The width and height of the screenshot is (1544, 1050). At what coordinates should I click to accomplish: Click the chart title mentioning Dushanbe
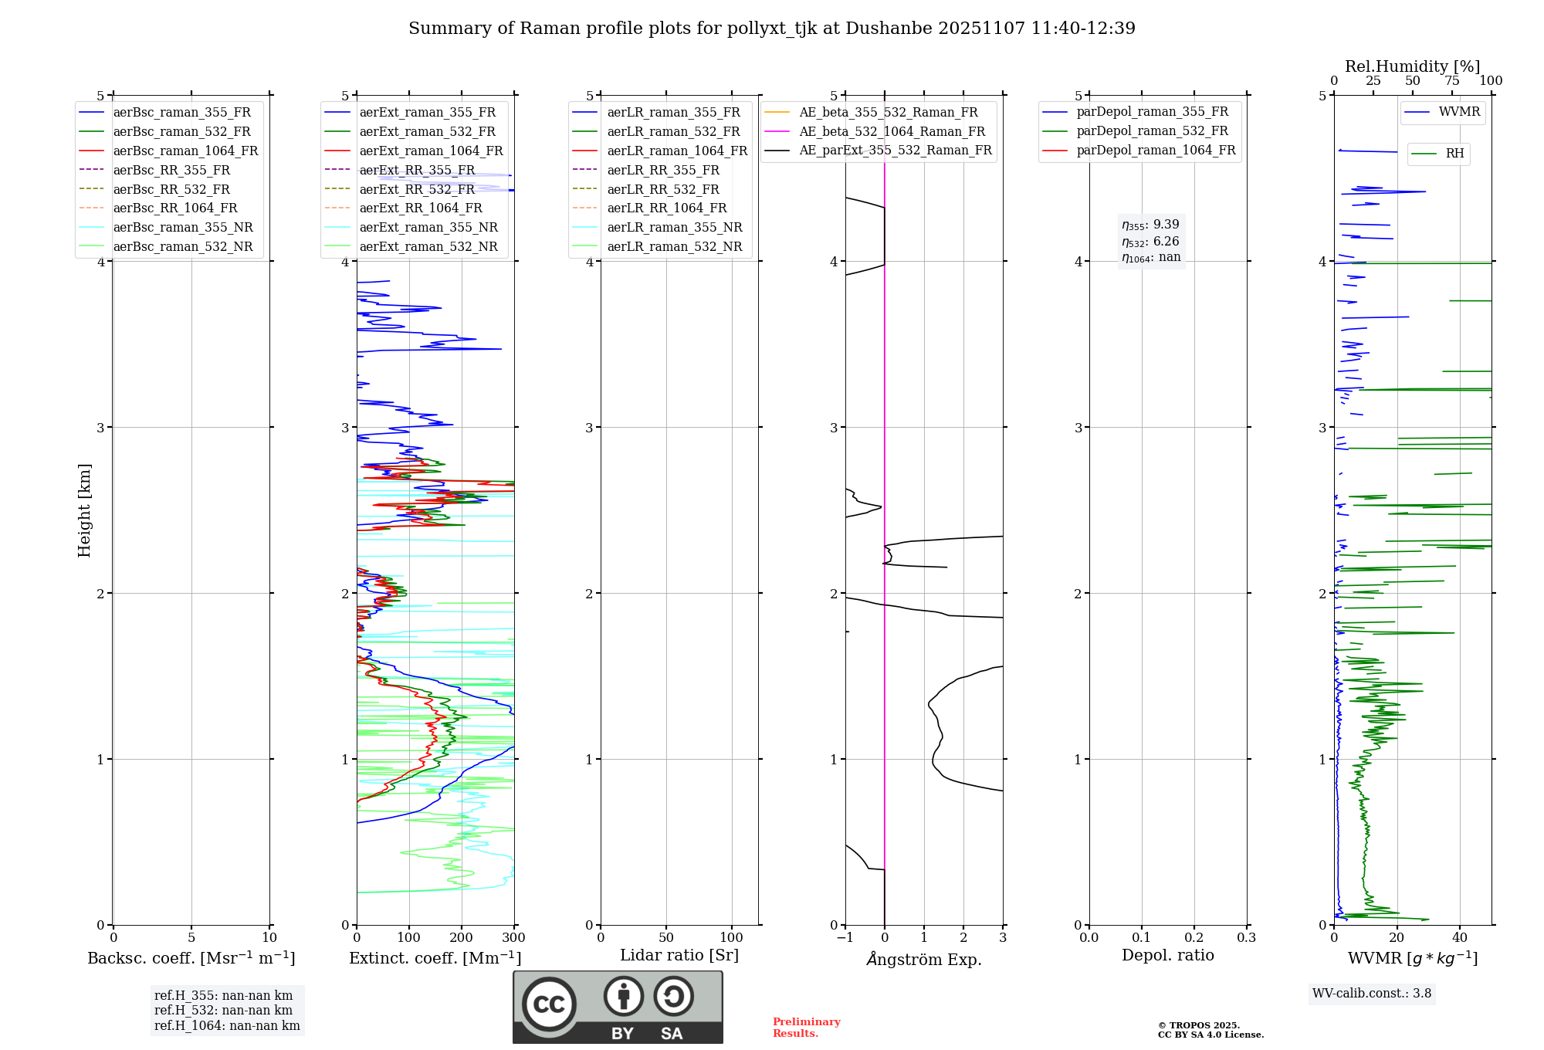click(772, 29)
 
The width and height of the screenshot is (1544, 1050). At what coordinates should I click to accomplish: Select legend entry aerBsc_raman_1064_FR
click(185, 151)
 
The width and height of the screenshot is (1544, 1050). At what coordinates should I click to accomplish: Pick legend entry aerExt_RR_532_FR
click(417, 189)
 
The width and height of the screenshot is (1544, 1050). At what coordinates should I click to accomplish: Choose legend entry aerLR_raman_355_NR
click(674, 227)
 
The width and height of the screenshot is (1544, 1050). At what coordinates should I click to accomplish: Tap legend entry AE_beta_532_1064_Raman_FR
click(892, 131)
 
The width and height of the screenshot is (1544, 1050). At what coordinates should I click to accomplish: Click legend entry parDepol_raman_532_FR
click(1152, 131)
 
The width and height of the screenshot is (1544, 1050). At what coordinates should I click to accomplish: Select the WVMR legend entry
click(1459, 112)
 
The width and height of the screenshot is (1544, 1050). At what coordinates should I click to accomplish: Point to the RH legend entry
click(1454, 154)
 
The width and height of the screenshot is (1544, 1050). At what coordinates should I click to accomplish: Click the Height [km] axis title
click(85, 510)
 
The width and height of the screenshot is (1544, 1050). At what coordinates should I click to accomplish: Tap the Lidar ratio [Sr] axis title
click(679, 955)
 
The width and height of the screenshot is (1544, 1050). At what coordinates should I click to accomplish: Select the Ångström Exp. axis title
click(924, 960)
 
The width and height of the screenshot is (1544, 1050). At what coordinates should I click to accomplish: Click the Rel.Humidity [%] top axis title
click(1412, 66)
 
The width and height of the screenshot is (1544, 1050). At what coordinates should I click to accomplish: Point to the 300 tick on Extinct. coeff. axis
click(513, 938)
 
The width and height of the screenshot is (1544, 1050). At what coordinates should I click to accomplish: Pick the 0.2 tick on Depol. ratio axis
click(1194, 938)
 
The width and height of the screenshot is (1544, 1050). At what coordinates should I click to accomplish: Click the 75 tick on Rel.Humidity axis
click(1452, 81)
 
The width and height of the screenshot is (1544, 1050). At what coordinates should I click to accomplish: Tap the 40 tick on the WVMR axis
click(1460, 938)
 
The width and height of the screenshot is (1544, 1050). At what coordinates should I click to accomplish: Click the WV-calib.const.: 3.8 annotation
click(1372, 994)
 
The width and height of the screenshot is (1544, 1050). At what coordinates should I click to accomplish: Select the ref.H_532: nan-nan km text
click(223, 1011)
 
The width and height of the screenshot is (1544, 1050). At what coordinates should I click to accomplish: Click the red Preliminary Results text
click(806, 1028)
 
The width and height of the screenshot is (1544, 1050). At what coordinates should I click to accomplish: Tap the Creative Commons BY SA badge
click(618, 1007)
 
